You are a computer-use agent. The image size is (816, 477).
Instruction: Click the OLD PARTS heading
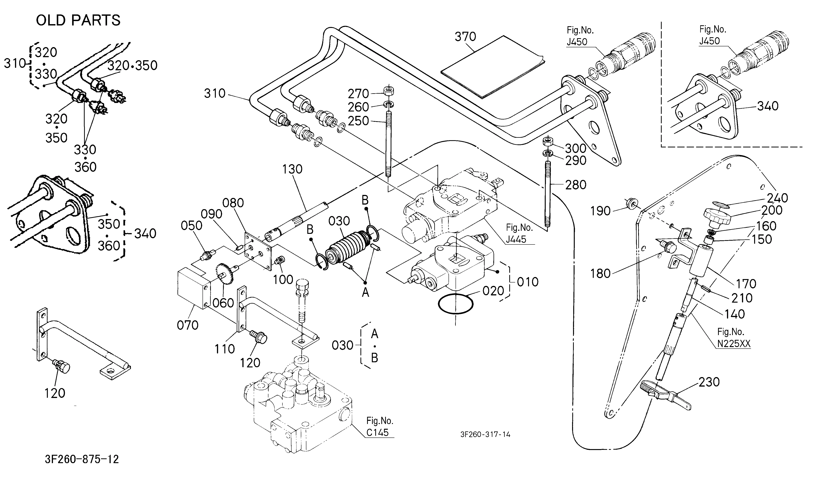point(78,20)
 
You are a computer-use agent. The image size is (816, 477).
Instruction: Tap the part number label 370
point(465,37)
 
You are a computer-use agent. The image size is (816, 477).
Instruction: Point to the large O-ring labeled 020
point(456,304)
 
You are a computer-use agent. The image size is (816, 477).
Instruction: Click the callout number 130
point(292,169)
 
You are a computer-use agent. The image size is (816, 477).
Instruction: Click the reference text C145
point(377,432)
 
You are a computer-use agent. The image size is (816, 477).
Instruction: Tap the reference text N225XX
point(733,343)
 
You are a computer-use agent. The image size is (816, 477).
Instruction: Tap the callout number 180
point(600,274)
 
